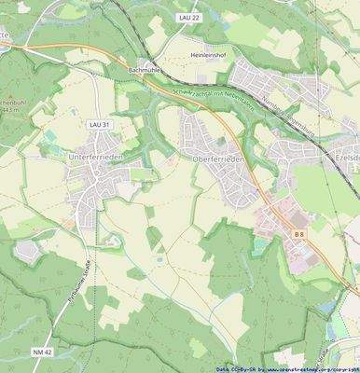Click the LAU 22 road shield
[190, 18]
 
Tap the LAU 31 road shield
[99, 124]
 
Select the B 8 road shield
[299, 233]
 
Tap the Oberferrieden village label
[218, 160]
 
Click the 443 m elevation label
[12, 110]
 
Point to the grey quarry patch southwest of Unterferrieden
[28, 250]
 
